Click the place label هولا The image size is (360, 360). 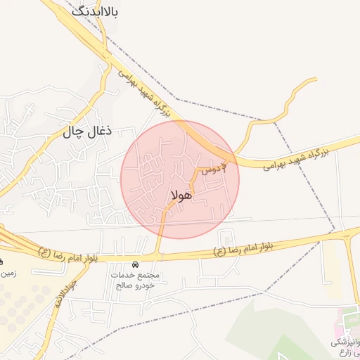[181, 195]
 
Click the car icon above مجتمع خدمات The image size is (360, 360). [135, 264]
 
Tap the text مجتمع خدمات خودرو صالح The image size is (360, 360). [136, 280]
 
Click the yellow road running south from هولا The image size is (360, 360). [161, 232]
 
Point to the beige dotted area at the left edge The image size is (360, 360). [21, 302]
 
